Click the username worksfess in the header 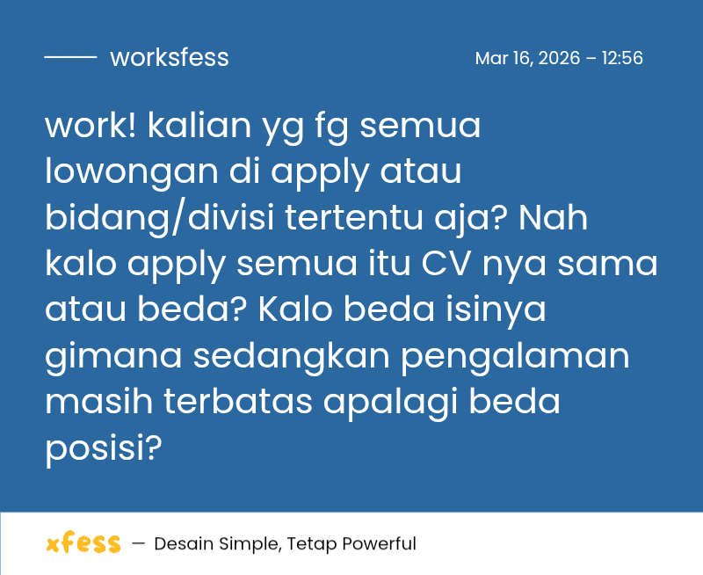(169, 58)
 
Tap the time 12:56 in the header (622, 59)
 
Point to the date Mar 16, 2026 (527, 59)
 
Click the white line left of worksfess (70, 58)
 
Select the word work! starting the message (91, 127)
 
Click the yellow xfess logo (83, 543)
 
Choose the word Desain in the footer (181, 544)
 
